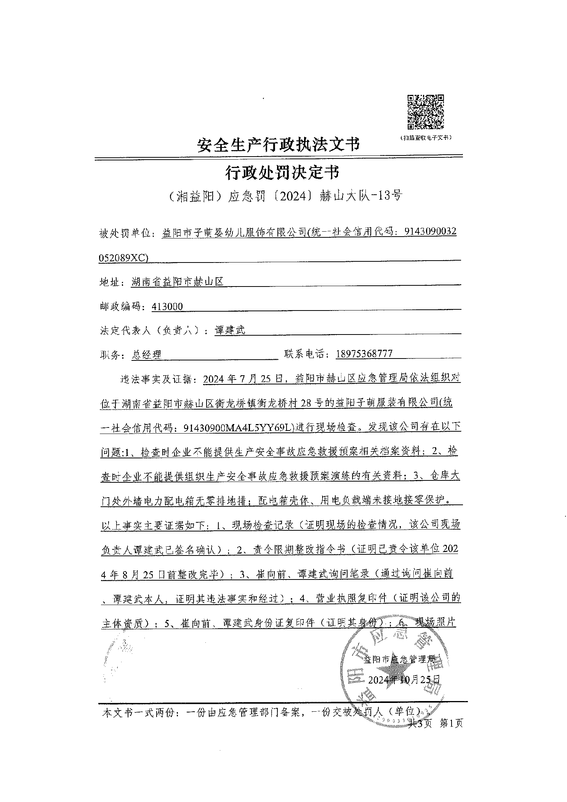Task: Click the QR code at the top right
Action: pyautogui.click(x=426, y=112)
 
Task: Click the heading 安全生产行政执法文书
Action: pyautogui.click(x=279, y=145)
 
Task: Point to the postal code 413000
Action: pyautogui.click(x=167, y=306)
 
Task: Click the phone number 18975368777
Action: pyautogui.click(x=364, y=354)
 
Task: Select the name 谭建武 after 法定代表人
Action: pyautogui.click(x=230, y=330)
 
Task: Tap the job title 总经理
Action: pyautogui.click(x=147, y=355)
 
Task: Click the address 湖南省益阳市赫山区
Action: pyautogui.click(x=177, y=282)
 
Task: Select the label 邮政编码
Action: pyautogui.click(x=123, y=307)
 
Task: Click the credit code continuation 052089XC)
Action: pyautogui.click(x=123, y=258)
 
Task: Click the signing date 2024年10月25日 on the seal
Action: pyautogui.click(x=404, y=679)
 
